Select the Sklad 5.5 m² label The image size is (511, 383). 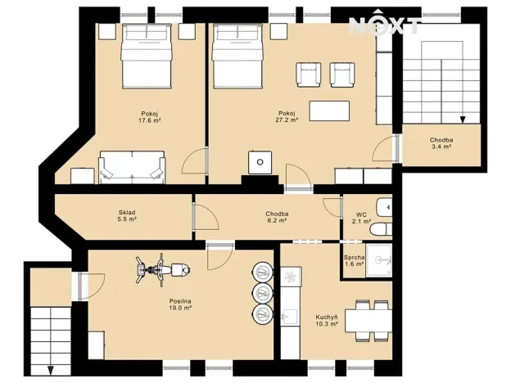click(126, 216)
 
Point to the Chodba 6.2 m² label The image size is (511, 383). click(276, 217)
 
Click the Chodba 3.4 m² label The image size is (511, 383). click(441, 143)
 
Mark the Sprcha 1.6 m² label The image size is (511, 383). click(354, 260)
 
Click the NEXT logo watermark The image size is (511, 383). click(385, 25)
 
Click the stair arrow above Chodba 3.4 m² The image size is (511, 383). click(463, 119)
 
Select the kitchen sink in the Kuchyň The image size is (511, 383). click(289, 314)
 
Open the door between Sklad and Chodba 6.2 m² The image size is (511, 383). click(194, 217)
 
